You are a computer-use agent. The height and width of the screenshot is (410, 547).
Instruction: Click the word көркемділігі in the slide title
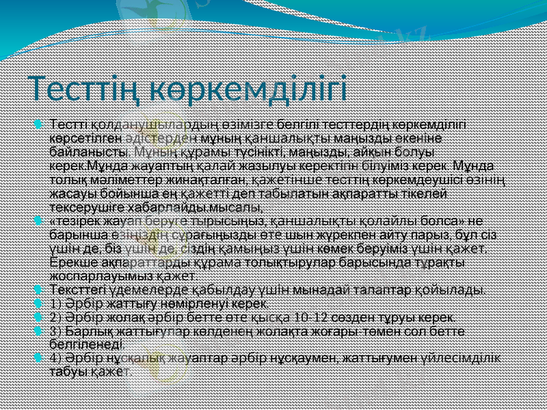click(x=249, y=89)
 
